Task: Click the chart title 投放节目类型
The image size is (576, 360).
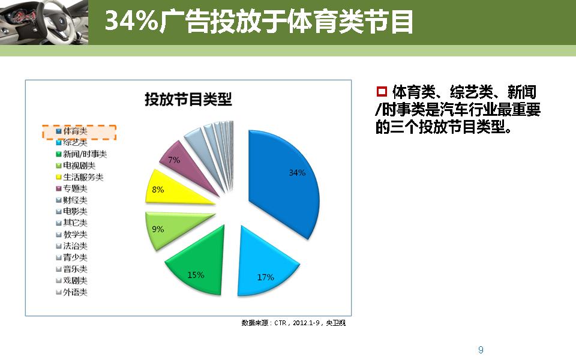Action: [x=188, y=100]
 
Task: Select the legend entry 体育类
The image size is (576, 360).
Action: [x=75, y=131]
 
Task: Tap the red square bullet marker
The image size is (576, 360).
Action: [x=381, y=92]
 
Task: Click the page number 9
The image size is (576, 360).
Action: [x=481, y=350]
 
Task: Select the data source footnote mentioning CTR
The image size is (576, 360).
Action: [x=293, y=323]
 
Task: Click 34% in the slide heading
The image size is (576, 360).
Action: [x=131, y=22]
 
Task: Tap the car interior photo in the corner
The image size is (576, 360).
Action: [x=42, y=22]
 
